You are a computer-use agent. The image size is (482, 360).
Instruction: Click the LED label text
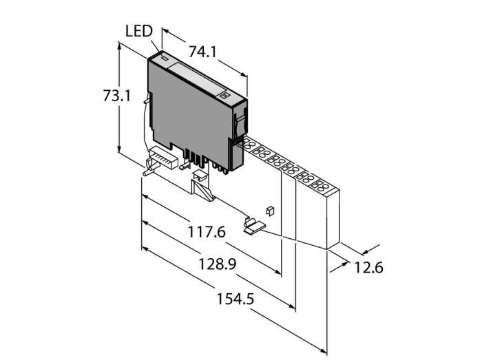pyautogui.click(x=140, y=31)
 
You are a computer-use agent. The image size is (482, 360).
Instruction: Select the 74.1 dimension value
pyautogui.click(x=204, y=51)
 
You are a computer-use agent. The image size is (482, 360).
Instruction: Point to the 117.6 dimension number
pyautogui.click(x=207, y=233)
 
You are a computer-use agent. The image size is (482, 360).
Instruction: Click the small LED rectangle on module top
pyautogui.click(x=165, y=59)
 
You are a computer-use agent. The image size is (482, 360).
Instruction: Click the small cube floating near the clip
pyautogui.click(x=271, y=209)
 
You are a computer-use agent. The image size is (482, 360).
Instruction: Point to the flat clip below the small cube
pyautogui.click(x=254, y=224)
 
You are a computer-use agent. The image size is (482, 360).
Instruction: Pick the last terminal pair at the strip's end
pyautogui.click(x=318, y=184)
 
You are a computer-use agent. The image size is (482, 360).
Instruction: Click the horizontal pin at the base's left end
pyautogui.click(x=147, y=172)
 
